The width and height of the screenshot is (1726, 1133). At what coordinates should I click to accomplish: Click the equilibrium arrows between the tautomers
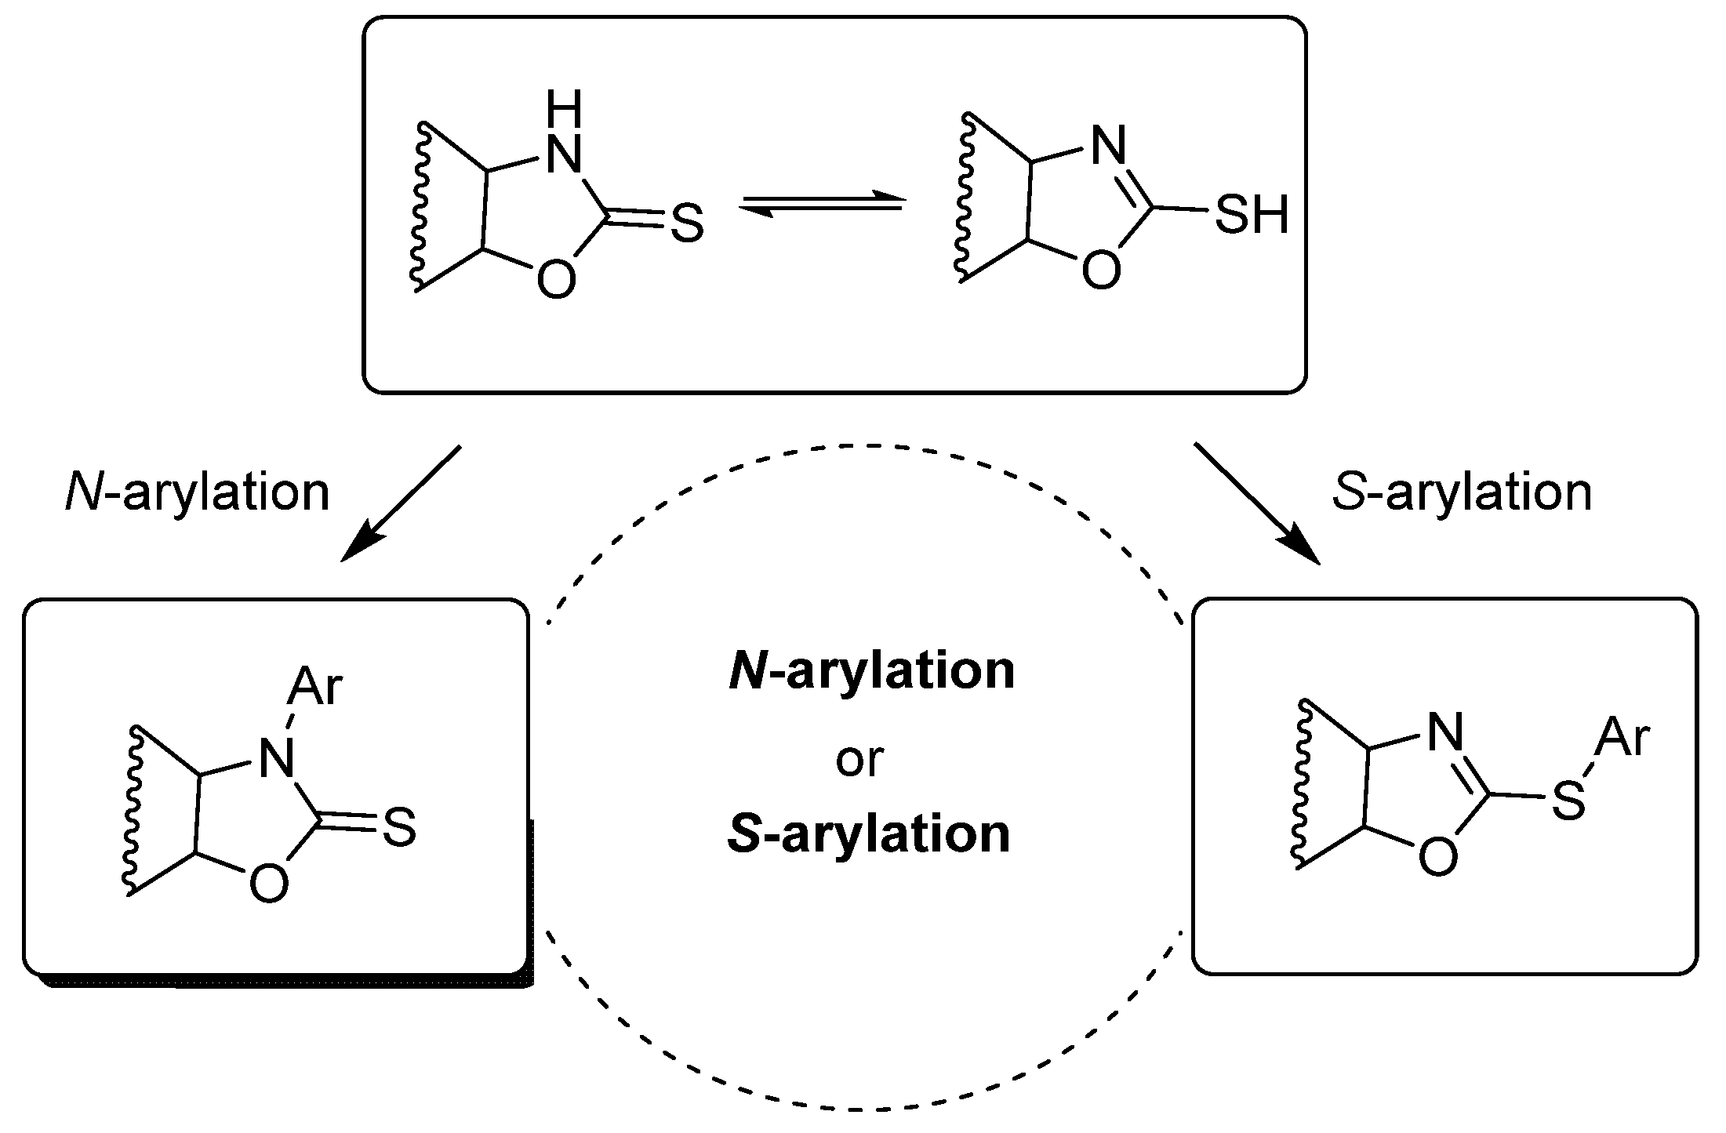(x=822, y=203)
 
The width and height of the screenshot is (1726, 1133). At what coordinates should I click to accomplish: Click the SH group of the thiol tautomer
(x=1252, y=214)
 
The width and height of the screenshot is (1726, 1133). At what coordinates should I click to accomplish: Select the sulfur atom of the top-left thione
(x=687, y=224)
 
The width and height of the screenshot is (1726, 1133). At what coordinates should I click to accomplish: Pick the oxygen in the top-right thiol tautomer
(x=1101, y=271)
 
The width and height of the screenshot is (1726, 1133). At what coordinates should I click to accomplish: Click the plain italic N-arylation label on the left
(x=197, y=493)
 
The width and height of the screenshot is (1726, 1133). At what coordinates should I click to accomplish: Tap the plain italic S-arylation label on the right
(x=1463, y=493)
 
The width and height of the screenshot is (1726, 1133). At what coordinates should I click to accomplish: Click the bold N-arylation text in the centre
(x=871, y=671)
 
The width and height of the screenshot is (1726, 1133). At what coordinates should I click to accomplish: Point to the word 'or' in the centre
(x=860, y=759)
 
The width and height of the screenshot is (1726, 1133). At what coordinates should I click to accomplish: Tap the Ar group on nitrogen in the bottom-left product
(x=314, y=688)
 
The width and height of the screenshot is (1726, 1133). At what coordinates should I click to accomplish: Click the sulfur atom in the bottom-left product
(x=399, y=829)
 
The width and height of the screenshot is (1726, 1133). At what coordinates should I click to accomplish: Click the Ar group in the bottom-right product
(x=1623, y=738)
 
